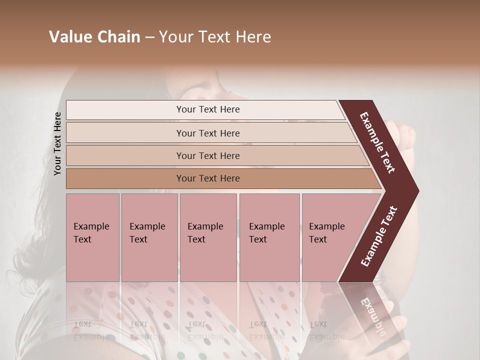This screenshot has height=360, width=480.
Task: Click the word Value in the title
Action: point(69,37)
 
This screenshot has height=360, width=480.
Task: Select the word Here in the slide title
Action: point(253,37)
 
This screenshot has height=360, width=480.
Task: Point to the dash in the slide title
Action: point(149,37)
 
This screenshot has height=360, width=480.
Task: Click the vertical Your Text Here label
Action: point(57,143)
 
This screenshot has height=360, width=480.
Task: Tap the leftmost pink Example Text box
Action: point(92,237)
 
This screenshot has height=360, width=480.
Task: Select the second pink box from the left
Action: point(149,237)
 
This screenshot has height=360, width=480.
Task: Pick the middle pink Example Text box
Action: point(208,237)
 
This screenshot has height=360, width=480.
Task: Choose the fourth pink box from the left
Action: point(269,237)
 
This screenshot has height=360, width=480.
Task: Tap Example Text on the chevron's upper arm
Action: point(377,142)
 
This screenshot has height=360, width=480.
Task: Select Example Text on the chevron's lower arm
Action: point(378,236)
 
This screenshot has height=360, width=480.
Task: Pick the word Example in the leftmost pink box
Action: point(91,226)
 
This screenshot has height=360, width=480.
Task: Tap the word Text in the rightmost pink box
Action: point(317,239)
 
